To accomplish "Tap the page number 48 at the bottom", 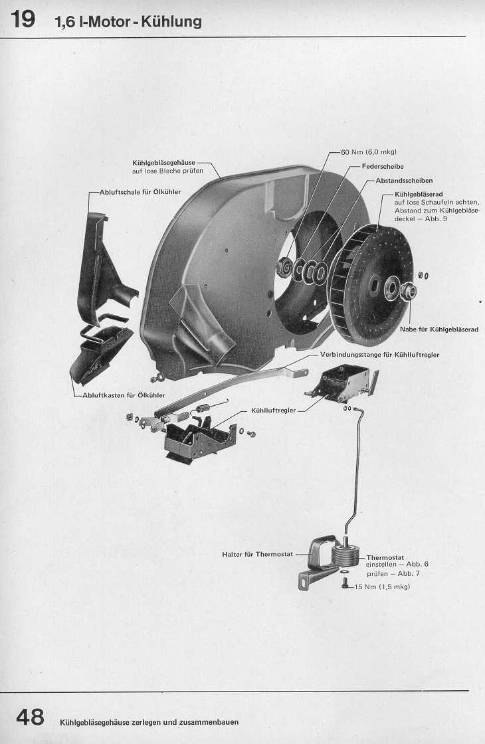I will click(x=31, y=718).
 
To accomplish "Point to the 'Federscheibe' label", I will click(x=382, y=166).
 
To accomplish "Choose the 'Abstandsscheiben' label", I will click(x=404, y=180).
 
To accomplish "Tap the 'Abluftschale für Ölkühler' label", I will click(x=140, y=192).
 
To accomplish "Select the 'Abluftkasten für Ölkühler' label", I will click(x=124, y=395).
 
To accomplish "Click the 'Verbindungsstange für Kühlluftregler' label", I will click(x=379, y=355).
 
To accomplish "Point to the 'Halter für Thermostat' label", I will click(x=258, y=553).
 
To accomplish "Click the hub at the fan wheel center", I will click(x=407, y=290).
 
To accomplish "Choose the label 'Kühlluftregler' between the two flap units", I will click(x=273, y=411).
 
